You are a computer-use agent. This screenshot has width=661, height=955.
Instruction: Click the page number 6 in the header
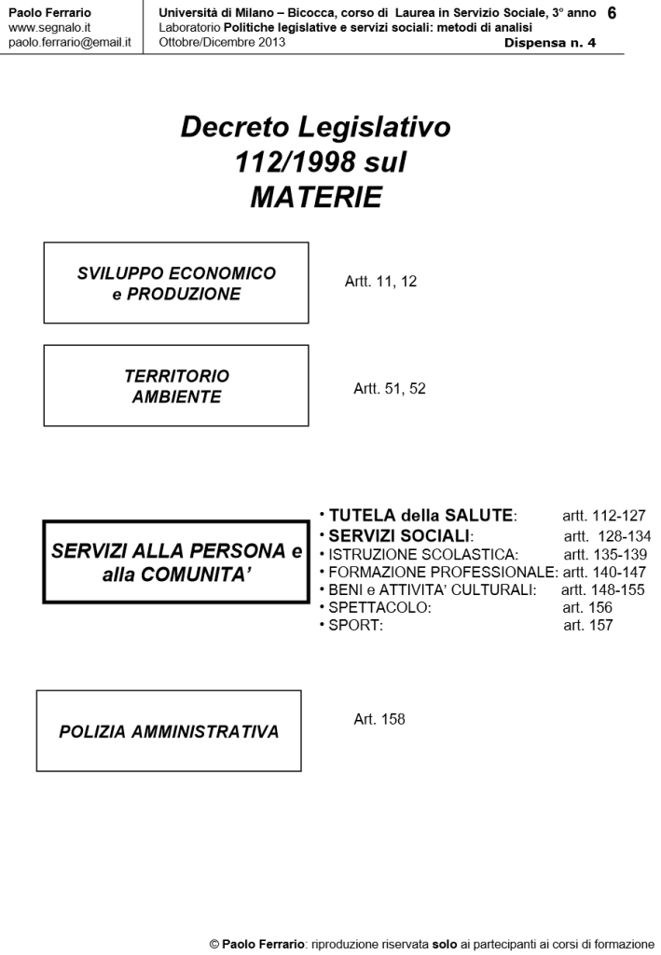(612, 13)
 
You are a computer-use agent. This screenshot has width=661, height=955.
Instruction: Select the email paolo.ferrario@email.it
(69, 43)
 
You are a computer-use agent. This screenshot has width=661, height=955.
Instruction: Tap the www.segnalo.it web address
(48, 28)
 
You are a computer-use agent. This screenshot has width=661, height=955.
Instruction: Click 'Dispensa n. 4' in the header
(550, 43)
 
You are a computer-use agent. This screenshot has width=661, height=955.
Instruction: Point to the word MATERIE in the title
(316, 198)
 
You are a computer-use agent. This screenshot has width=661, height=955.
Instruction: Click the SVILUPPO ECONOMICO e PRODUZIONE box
(176, 283)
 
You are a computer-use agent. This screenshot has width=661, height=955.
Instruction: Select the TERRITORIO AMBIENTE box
(176, 386)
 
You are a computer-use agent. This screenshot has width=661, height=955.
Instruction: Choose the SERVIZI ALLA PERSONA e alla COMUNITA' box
(176, 562)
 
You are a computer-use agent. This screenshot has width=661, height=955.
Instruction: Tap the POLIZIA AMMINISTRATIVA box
(169, 731)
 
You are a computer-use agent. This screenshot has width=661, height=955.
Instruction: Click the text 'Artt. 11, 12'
(381, 282)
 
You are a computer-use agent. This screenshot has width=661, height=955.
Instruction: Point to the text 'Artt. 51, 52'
(390, 389)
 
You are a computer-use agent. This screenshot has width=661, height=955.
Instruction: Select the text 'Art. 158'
(379, 720)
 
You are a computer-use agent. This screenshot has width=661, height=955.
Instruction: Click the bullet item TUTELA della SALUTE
(421, 516)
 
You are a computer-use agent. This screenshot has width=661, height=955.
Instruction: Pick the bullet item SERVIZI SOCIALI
(401, 536)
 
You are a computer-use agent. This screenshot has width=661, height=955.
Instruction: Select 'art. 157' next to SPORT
(588, 626)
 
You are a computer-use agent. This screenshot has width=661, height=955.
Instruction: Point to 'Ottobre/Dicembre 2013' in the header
(222, 43)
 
